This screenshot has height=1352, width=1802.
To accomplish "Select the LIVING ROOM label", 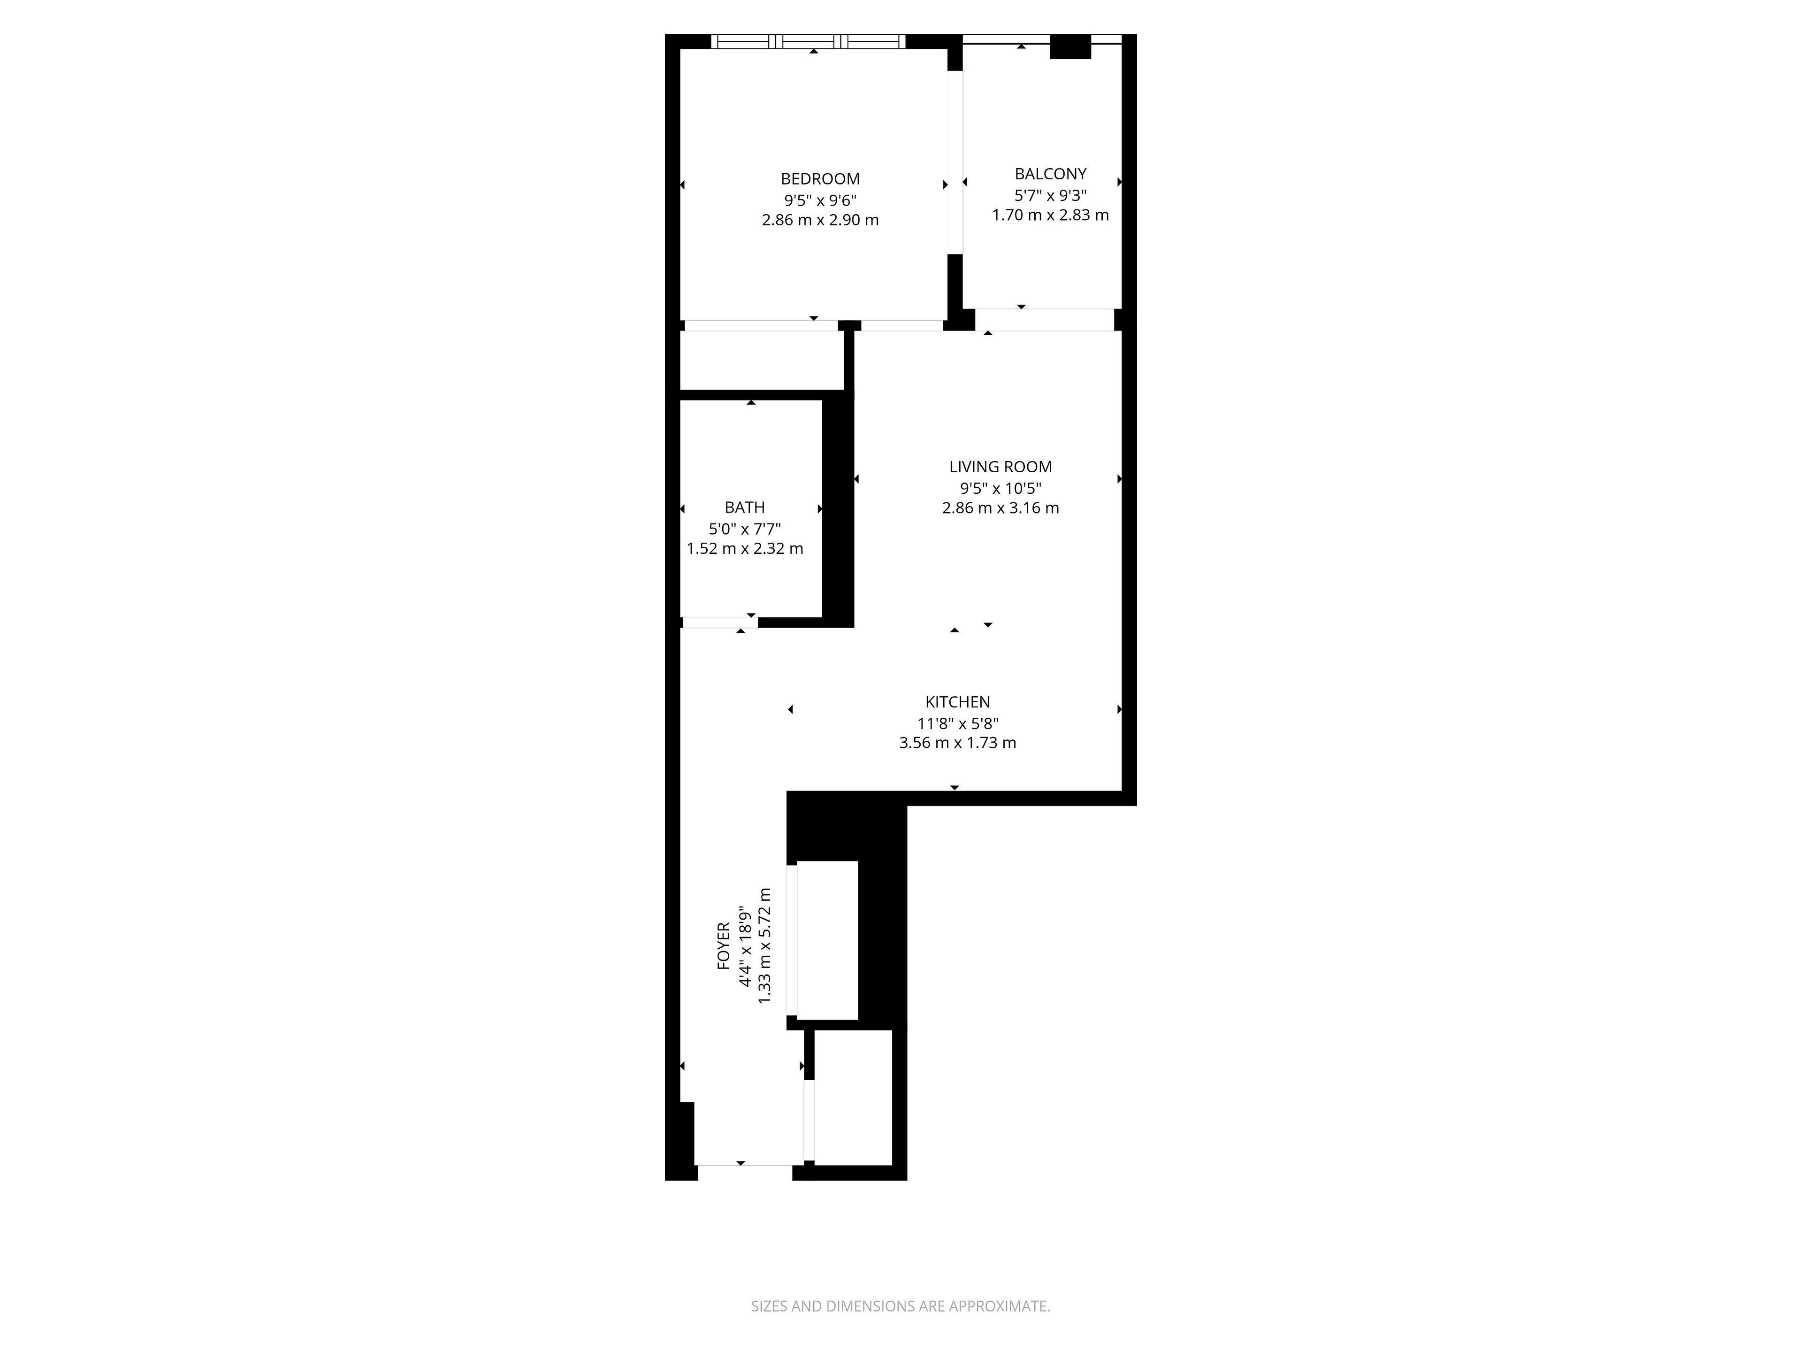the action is pos(1000,467).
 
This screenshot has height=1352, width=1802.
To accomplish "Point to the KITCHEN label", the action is pos(957,702).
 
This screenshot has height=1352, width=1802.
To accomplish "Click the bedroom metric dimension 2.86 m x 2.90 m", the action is pos(819,220).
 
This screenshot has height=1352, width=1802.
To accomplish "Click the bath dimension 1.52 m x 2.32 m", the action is pos(745,548).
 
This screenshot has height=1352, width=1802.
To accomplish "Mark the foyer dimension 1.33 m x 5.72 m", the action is pos(764,945).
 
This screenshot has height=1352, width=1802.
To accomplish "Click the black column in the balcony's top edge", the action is pos(1069,46).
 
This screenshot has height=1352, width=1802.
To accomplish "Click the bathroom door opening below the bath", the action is pos(719,622).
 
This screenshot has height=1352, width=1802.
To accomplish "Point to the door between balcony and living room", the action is pos(1045,320).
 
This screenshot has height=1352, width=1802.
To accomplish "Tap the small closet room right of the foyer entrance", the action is pos(853,1098).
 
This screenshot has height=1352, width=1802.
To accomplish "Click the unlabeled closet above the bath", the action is pos(762,360).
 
